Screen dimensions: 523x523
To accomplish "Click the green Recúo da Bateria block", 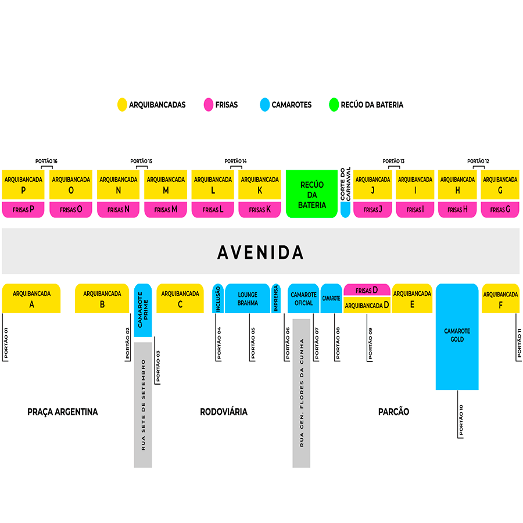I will [x=311, y=194].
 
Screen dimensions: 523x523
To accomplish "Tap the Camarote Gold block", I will [x=457, y=336].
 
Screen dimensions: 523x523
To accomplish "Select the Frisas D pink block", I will [x=367, y=289].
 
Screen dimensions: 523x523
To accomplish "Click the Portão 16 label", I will [x=46, y=161].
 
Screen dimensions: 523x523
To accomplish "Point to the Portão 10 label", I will [x=461, y=420].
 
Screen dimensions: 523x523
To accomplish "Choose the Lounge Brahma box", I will [x=248, y=299].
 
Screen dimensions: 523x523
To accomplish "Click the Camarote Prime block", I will [x=143, y=310].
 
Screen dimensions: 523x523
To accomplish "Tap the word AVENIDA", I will [x=260, y=252].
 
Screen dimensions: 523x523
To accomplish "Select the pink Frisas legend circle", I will [x=209, y=105].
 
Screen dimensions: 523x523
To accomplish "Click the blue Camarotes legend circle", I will [x=265, y=105].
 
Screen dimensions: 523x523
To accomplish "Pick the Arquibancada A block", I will [x=31, y=298].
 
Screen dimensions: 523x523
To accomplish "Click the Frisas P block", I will [x=23, y=209].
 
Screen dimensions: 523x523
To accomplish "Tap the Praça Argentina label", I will [x=63, y=411].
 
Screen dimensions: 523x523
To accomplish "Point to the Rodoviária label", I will [x=224, y=411].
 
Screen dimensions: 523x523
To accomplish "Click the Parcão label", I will [x=393, y=411].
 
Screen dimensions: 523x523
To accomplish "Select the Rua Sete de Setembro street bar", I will [x=143, y=404].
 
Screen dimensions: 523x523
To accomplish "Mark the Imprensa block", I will [x=276, y=298].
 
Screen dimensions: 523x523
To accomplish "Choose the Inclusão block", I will [x=218, y=298].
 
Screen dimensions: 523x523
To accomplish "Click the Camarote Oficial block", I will [x=303, y=299].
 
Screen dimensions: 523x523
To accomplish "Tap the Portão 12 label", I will [x=478, y=161].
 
